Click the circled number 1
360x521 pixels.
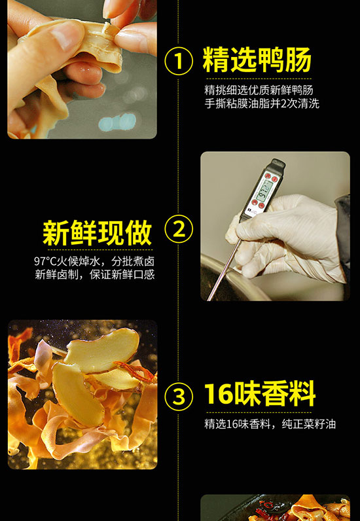point(179,61)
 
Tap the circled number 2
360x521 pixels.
point(179,230)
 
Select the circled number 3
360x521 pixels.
point(179,397)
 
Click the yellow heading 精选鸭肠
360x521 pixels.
point(257,60)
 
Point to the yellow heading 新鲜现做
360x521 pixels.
point(98,232)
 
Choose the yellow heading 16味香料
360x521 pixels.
point(260,394)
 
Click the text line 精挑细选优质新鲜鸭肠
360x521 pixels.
point(259,90)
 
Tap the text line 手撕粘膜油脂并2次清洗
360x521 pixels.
point(262,103)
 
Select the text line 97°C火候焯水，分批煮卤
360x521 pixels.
point(94,261)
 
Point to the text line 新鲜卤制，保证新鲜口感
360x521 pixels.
point(95,275)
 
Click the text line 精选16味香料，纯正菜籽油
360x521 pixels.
point(270,424)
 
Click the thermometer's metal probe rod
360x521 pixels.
point(224,269)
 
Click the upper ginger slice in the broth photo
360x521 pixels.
point(101,350)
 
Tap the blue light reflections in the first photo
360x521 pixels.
point(117,122)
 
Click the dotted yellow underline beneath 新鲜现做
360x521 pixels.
point(99,249)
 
